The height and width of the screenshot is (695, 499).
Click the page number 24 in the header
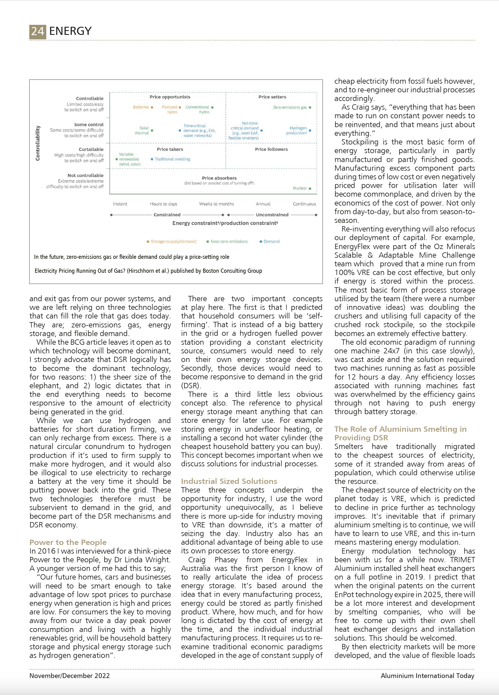click(x=38, y=32)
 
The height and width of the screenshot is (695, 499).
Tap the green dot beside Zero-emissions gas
click(x=310, y=108)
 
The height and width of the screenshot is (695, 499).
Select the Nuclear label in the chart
click(x=300, y=188)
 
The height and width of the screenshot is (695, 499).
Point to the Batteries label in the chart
click(x=141, y=107)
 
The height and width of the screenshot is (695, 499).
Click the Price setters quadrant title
click(x=272, y=97)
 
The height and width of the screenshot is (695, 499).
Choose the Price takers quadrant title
click(x=170, y=149)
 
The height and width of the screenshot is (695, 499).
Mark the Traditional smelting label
click(x=172, y=159)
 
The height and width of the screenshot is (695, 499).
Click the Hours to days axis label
click(x=163, y=204)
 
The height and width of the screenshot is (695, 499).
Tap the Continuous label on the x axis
click(x=304, y=204)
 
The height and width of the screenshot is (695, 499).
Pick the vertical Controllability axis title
click(x=38, y=143)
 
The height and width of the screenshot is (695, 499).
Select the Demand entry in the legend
click(x=272, y=242)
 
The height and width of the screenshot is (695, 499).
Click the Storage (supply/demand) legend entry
click(x=173, y=242)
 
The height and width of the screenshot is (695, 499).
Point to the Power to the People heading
click(x=68, y=542)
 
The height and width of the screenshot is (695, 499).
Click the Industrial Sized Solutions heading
click(x=229, y=481)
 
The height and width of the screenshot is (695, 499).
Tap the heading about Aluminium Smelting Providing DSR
click(x=400, y=433)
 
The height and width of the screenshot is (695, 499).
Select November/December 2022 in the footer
click(x=69, y=676)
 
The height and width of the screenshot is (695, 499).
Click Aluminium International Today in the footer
click(x=427, y=676)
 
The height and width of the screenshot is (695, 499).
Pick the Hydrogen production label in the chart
click(x=297, y=130)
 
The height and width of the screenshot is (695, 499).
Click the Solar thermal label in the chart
click(x=142, y=130)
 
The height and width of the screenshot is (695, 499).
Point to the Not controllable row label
click(x=86, y=175)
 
